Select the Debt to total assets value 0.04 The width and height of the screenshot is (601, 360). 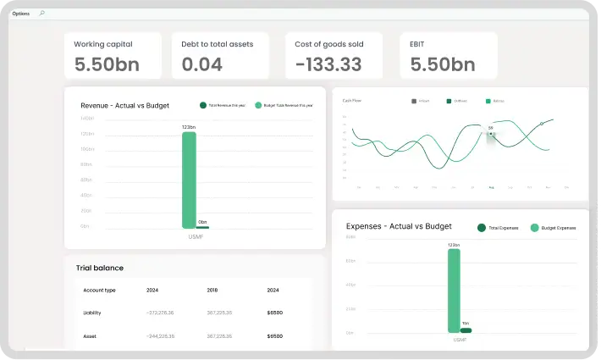click(202, 64)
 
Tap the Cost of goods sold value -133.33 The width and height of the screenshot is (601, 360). click(328, 64)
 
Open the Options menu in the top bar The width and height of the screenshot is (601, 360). click(20, 14)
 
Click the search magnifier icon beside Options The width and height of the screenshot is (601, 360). click(42, 14)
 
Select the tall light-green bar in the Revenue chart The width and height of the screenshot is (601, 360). click(189, 180)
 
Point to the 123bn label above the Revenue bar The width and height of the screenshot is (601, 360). click(189, 127)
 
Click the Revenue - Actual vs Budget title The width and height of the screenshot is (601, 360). click(124, 106)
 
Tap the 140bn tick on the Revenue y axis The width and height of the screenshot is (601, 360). click(86, 119)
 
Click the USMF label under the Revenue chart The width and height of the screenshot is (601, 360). click(196, 236)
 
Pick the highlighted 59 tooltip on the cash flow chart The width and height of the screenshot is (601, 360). click(490, 129)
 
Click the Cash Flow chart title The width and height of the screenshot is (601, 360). click(351, 100)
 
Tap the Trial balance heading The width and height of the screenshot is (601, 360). click(100, 268)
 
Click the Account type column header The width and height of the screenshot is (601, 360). click(99, 290)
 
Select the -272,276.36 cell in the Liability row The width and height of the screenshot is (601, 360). click(160, 313)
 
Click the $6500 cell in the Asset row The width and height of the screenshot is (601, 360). click(274, 336)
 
